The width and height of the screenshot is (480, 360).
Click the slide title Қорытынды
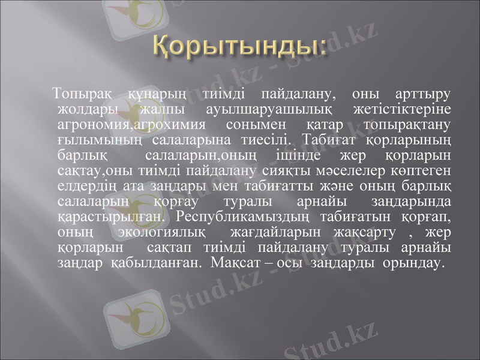pyautogui.click(x=240, y=47)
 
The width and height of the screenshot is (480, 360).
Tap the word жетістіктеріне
pyautogui.click(x=407, y=110)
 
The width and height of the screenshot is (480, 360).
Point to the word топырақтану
pyautogui.click(x=407, y=125)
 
